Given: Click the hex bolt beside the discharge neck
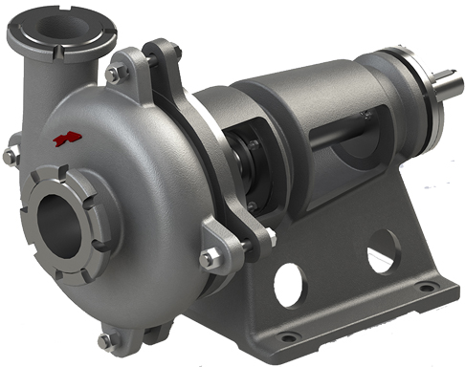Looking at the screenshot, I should click(x=113, y=74).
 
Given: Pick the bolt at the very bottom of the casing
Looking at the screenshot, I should click(x=106, y=339).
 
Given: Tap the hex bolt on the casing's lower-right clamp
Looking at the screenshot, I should click(x=209, y=258).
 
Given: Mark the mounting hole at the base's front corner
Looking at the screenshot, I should click(x=285, y=336).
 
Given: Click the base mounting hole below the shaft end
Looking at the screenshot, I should click(x=422, y=287).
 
